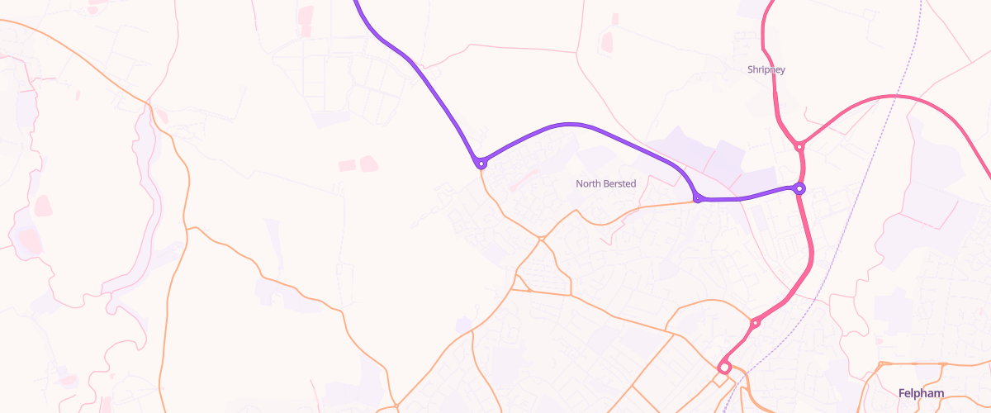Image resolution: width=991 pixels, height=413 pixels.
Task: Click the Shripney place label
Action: pyautogui.click(x=766, y=70)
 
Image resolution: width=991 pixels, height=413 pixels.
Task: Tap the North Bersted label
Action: pyautogui.click(x=605, y=183)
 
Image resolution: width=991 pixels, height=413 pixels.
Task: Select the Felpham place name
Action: pyautogui.click(x=921, y=393)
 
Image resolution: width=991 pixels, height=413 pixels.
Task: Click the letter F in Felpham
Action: pyautogui.click(x=902, y=393)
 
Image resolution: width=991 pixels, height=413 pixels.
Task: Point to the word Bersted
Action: pyautogui.click(x=619, y=183)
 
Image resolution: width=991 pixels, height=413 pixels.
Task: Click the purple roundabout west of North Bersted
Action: pyautogui.click(x=481, y=164)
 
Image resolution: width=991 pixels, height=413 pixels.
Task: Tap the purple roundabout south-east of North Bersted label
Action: pyautogui.click(x=698, y=199)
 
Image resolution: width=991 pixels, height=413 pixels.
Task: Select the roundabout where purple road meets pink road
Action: pyautogui.click(x=799, y=189)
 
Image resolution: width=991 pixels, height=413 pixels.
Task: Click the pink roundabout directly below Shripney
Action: pyautogui.click(x=799, y=147)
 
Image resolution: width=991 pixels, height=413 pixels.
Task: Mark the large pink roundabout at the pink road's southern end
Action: pyautogui.click(x=724, y=368)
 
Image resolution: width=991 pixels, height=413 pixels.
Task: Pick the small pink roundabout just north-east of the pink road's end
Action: pyautogui.click(x=755, y=323)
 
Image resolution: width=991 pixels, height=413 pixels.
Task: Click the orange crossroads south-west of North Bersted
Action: pyautogui.click(x=541, y=239)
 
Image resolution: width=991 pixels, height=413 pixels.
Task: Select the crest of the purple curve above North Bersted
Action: pyautogui.click(x=570, y=125)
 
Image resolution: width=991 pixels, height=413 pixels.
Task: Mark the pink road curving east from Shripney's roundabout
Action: pyautogui.click(x=892, y=97)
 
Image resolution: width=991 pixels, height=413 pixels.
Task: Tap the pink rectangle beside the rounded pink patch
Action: pyautogui.click(x=346, y=165)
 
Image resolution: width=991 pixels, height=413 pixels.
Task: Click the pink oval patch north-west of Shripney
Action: pyautogui.click(x=608, y=41)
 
